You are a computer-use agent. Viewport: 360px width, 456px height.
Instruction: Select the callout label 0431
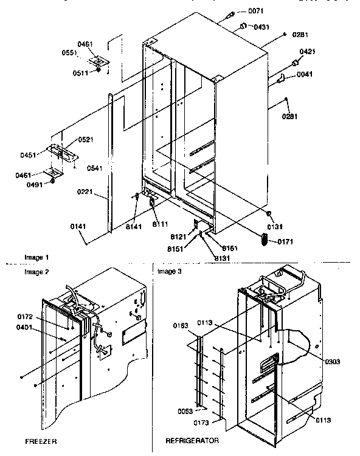click(261, 27)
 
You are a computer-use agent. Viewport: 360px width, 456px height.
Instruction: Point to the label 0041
click(305, 75)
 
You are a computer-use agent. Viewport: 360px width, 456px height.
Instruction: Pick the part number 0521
click(85, 140)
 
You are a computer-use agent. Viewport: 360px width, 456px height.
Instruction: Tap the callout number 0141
click(78, 227)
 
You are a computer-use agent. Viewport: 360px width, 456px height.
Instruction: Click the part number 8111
click(160, 224)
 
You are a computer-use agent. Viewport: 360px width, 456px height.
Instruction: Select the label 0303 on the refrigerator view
click(333, 361)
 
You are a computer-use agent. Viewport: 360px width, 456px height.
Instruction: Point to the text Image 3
click(169, 271)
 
